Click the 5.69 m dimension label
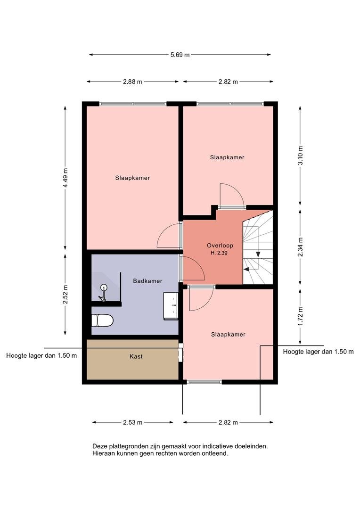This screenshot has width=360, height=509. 180,55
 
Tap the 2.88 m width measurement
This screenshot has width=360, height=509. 132,82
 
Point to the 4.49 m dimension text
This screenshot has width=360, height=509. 65,178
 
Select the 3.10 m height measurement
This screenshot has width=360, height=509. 301,156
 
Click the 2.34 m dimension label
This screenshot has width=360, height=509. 301,247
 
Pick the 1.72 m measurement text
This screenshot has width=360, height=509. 301,317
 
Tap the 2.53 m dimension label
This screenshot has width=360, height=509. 132,422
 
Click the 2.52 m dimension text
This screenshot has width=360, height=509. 65,294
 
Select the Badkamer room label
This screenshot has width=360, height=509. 147,281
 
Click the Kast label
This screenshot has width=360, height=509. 136,356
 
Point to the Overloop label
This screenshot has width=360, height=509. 220,246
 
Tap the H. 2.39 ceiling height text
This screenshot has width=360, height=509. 219,253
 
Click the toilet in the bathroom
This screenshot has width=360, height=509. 102,320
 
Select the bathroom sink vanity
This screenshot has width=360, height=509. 171,306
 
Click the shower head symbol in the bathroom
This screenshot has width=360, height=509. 104,292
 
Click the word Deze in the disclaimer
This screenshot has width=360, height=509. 99,446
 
